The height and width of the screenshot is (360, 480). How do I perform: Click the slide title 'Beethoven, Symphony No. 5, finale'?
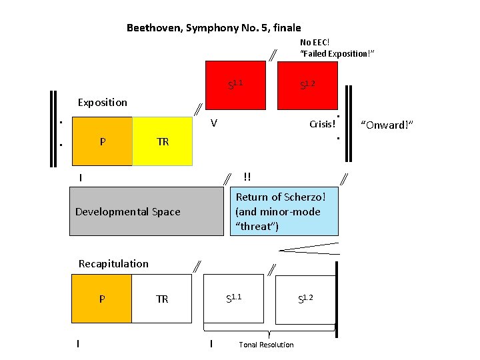click(x=213, y=28)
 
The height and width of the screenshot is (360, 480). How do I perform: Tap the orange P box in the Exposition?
click(x=101, y=141)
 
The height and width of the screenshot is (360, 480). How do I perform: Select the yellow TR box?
click(x=163, y=141)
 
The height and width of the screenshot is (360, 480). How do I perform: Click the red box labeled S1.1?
click(x=235, y=85)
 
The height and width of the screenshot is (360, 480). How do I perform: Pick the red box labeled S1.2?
click(x=307, y=85)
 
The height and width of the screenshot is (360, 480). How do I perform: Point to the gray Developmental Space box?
click(x=146, y=211)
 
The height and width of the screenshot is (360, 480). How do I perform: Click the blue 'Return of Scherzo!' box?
click(x=284, y=211)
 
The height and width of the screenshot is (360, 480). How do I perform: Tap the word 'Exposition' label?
click(x=102, y=102)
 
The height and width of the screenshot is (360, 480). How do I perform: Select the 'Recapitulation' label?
click(x=113, y=263)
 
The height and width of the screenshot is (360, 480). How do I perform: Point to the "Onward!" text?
click(x=387, y=125)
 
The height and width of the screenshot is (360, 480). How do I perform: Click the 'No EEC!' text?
click(x=315, y=42)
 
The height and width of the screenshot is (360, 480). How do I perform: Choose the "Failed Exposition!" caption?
click(x=337, y=53)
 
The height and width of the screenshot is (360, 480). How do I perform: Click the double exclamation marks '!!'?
click(x=247, y=177)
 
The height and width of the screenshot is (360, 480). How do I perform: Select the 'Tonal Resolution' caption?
click(x=266, y=345)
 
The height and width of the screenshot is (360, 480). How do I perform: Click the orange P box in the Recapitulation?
click(x=101, y=299)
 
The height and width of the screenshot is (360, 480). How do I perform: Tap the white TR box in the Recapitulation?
click(x=163, y=299)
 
